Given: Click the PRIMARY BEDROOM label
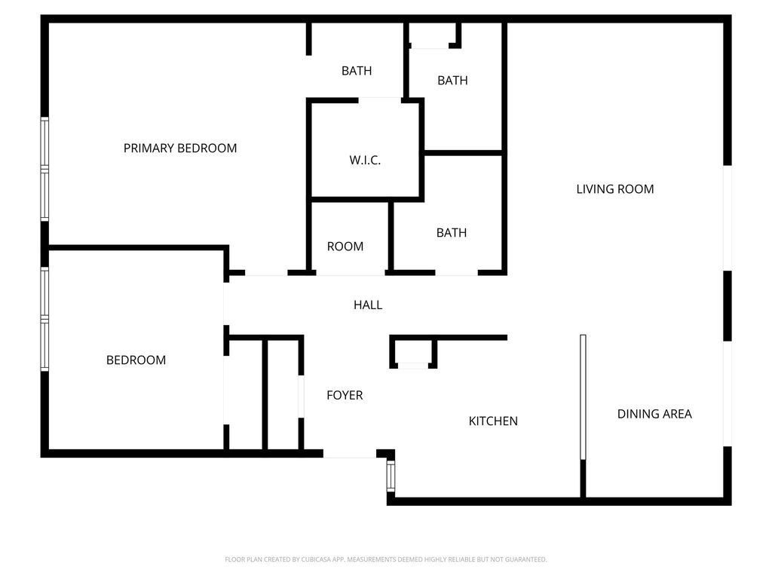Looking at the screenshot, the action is click(x=179, y=149).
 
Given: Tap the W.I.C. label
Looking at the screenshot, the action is click(x=365, y=160).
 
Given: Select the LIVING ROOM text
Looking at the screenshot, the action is click(x=615, y=189).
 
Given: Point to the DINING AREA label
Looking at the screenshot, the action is click(x=654, y=414).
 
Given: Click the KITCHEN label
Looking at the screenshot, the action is click(x=493, y=421).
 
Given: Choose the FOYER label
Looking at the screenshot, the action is click(x=345, y=395).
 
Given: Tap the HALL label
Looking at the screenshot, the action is click(x=368, y=305).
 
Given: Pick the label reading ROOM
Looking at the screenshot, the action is click(x=345, y=247).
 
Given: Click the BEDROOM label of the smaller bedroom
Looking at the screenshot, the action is click(x=136, y=360).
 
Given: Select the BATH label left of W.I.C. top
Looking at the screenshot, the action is click(x=357, y=71).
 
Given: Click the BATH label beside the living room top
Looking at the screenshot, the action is click(x=452, y=80).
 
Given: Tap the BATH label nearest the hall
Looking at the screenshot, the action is click(x=452, y=232).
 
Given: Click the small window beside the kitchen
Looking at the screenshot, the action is click(x=391, y=476).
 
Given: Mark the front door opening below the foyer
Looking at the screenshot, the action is click(x=350, y=453).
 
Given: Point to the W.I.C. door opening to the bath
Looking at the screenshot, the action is click(x=380, y=100).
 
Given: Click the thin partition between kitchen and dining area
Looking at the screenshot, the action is click(x=583, y=397).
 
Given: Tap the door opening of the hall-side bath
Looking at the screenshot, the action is click(x=456, y=273).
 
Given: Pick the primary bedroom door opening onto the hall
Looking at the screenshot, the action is click(x=266, y=273).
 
